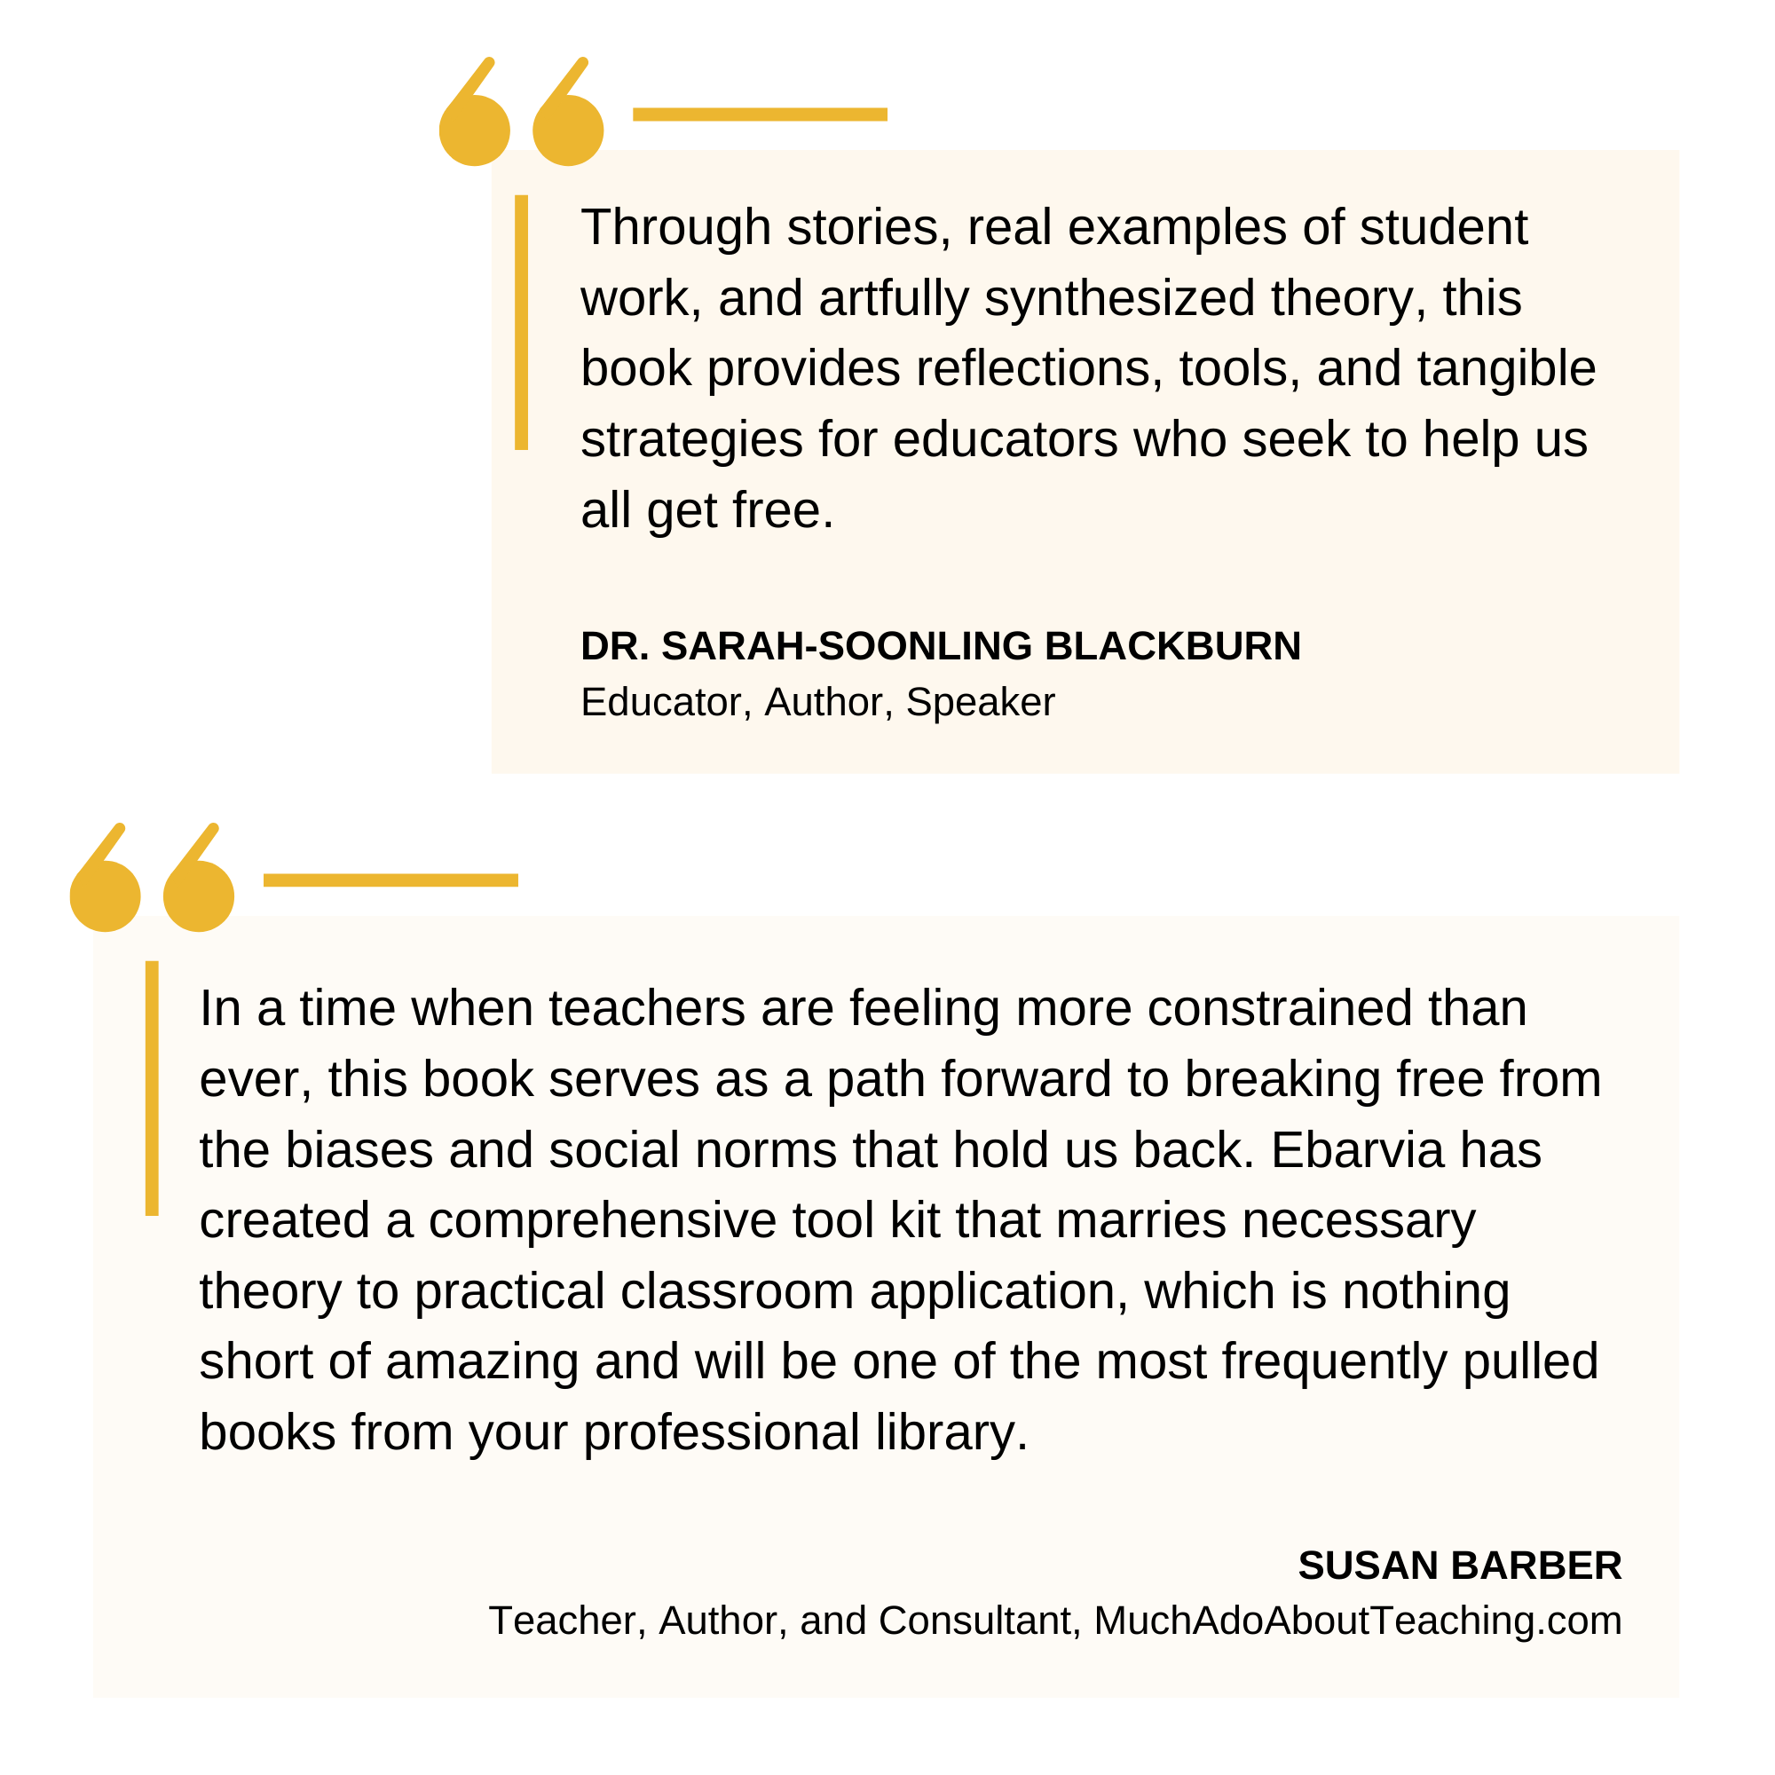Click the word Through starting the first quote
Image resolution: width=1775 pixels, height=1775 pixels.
pyautogui.click(x=675, y=227)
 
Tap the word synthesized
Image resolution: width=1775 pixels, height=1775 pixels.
pyautogui.click(x=1119, y=298)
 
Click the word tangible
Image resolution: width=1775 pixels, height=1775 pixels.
pyautogui.click(x=1506, y=368)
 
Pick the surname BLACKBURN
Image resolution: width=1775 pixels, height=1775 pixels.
pyautogui.click(x=1172, y=646)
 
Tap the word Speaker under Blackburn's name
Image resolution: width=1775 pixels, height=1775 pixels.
pyautogui.click(x=981, y=702)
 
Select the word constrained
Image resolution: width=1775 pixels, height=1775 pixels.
pyautogui.click(x=1279, y=1008)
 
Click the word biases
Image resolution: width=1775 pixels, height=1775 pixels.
pyautogui.click(x=359, y=1149)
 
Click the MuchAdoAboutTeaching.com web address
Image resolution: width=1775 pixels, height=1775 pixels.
pyautogui.click(x=1358, y=1621)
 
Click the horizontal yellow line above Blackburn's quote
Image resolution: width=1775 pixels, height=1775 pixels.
pyautogui.click(x=760, y=114)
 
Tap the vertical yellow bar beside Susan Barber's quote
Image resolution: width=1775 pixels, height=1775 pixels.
pyautogui.click(x=152, y=1089)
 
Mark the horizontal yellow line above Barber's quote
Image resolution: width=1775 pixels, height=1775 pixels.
pyautogui.click(x=390, y=880)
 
